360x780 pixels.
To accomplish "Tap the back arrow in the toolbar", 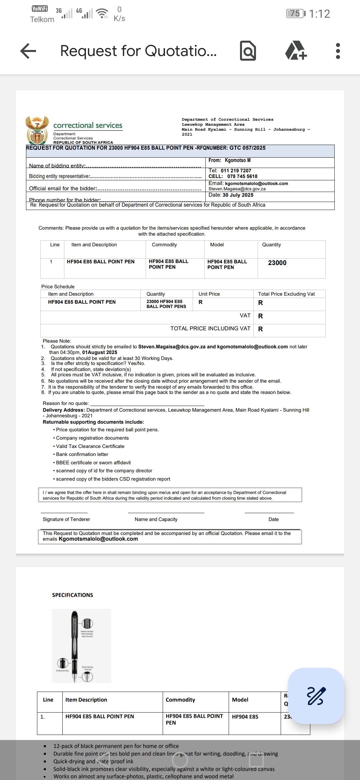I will pos(28,51).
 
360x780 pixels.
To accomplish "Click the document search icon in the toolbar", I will pos(248,51).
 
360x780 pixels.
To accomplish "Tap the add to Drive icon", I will pos(296,51).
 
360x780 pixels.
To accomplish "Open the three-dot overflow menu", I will pos(338,51).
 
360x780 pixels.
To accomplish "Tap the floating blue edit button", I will pos(315,696).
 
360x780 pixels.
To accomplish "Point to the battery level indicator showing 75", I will pos(295,14).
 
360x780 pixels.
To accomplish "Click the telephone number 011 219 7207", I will pos(236,171).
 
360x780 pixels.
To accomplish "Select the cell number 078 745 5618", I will pos(242,176).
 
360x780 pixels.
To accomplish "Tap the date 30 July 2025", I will pos(238,195).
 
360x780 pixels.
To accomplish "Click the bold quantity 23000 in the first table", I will pos(277,263).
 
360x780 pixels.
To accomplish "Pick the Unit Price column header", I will pos(209,294).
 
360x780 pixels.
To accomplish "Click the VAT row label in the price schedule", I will pos(245,315).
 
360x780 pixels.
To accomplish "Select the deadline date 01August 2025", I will pos(100,352).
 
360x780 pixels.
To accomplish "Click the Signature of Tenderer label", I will pos(66,519).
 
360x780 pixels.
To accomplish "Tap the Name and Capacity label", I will pos(156,519).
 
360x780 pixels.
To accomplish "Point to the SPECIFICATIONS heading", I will pos(72,595).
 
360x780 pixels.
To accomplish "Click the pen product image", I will pos(81,646).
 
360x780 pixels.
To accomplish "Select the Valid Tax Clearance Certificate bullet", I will pos(90,446).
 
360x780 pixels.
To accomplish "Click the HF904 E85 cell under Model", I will pos(245,717).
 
